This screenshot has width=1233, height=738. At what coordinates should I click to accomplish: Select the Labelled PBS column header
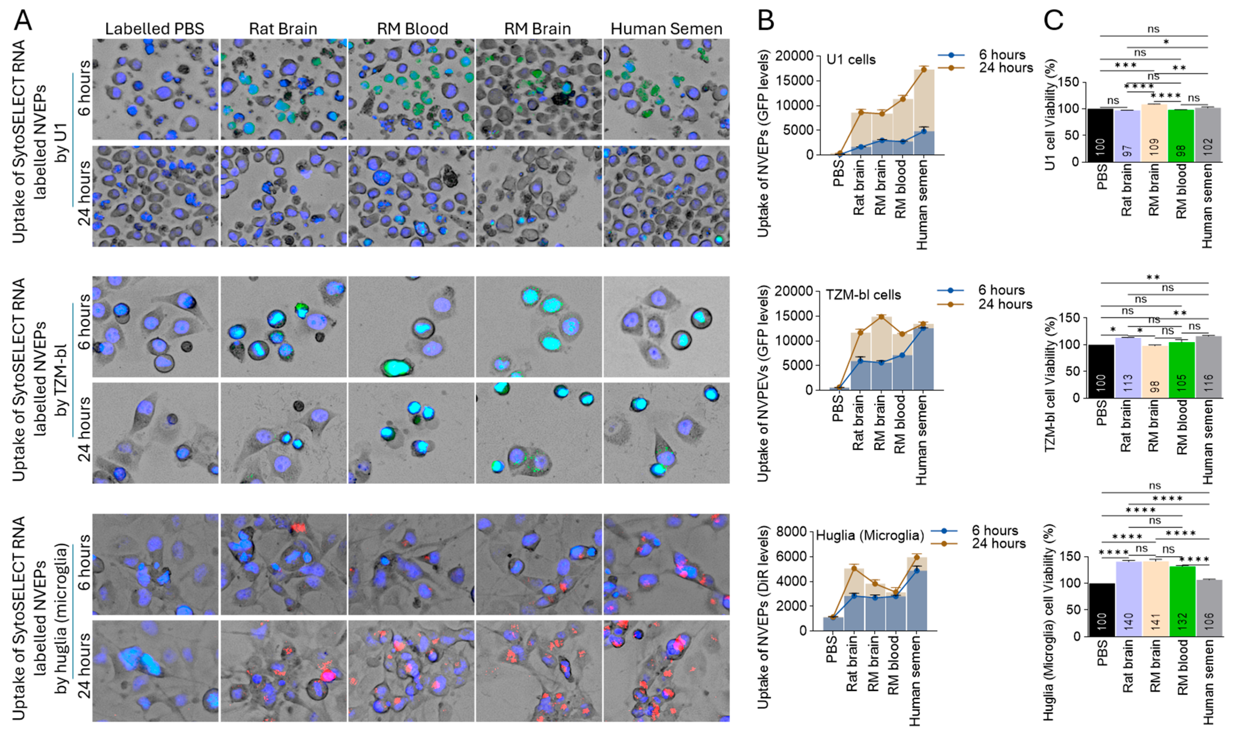click(x=155, y=29)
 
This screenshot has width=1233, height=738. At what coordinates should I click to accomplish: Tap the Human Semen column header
click(x=667, y=29)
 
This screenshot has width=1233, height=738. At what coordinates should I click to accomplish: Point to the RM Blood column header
click(x=412, y=29)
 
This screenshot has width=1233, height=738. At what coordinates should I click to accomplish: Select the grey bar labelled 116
click(x=1208, y=368)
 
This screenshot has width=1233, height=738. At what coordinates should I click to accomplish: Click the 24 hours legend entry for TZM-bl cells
click(x=1005, y=304)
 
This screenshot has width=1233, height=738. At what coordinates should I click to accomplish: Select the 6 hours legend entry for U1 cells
click(x=1002, y=55)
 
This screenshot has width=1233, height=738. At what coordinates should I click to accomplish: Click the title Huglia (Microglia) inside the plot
click(x=870, y=536)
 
